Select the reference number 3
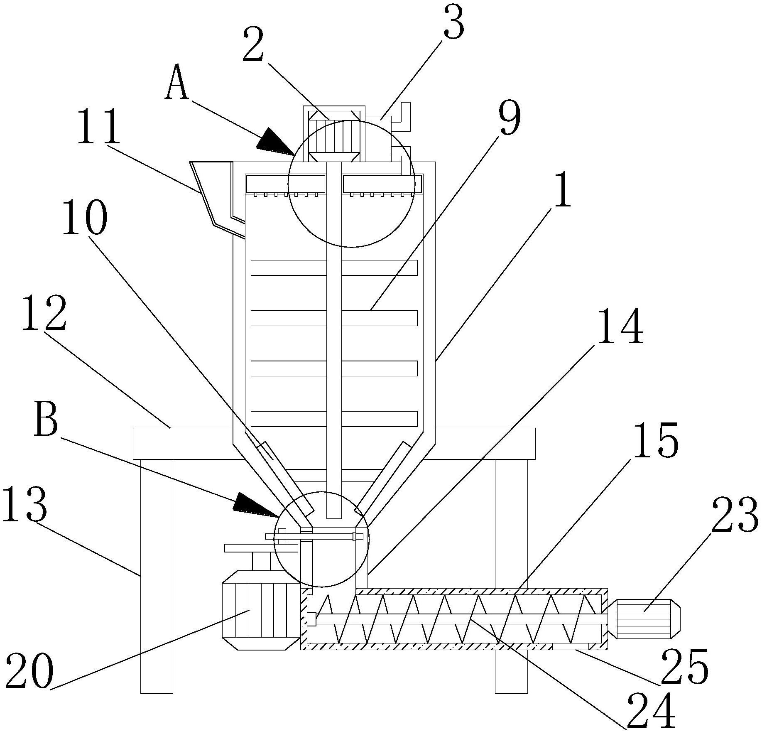453,24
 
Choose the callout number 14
620,326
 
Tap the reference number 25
684,668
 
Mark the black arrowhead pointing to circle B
255,503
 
